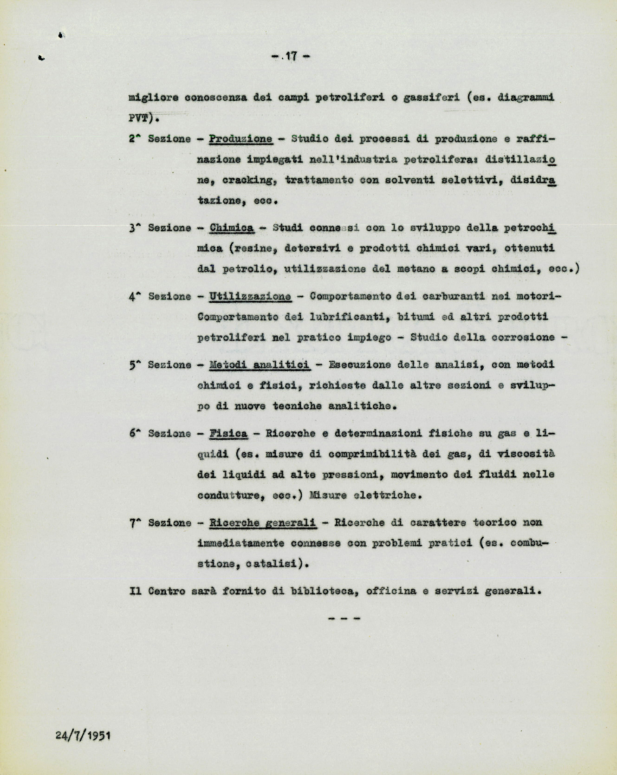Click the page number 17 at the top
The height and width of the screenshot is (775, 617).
point(292,57)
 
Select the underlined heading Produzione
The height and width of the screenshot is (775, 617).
point(240,139)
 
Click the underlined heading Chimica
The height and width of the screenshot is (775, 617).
point(232,228)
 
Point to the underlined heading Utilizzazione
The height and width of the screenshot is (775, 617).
point(250,296)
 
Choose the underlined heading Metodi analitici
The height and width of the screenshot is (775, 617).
point(260,365)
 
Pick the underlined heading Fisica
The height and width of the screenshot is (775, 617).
point(228,433)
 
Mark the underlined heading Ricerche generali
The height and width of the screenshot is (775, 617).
point(263,522)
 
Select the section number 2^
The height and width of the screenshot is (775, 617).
point(135,139)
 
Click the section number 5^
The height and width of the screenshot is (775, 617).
point(135,365)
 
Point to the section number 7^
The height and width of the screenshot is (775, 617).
point(135,522)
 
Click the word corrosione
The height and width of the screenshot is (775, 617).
point(525,338)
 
